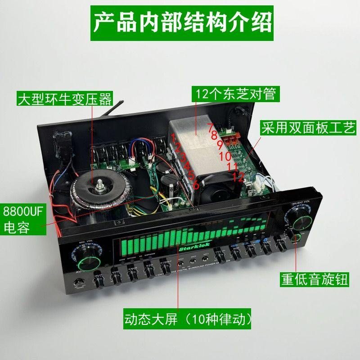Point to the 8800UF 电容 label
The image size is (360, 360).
[22, 220]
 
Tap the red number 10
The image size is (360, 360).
[225, 157]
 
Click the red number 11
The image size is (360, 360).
[232, 166]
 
